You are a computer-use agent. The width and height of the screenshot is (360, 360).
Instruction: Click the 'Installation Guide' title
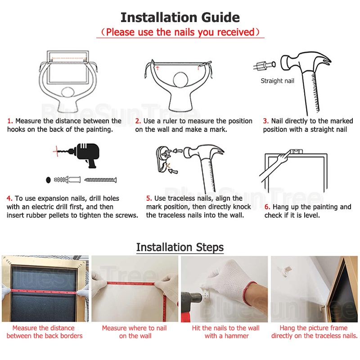180,18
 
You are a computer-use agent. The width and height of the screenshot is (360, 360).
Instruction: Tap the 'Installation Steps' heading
180,247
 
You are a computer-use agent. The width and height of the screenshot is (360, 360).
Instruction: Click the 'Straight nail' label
277,81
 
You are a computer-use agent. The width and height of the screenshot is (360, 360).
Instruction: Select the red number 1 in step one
10,121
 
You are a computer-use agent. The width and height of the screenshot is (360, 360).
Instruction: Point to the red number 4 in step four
9,198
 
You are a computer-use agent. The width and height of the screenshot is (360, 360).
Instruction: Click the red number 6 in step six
267,207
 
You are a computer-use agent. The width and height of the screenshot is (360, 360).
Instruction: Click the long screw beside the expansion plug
100,180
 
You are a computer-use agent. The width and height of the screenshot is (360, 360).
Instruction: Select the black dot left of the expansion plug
48,180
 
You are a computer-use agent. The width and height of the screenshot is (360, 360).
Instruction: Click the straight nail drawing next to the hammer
265,65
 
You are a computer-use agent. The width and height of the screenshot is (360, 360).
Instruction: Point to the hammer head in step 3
306,61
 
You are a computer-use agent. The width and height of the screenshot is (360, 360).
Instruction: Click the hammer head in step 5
204,152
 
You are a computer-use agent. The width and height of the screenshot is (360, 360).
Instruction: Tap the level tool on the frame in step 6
297,151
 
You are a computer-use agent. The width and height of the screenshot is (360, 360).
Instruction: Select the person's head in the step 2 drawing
181,80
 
